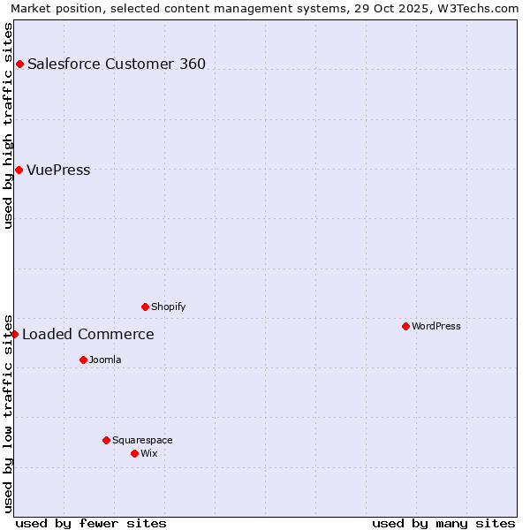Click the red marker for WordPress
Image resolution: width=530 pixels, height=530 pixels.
[x=405, y=326]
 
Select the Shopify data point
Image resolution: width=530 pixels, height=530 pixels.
[x=145, y=307]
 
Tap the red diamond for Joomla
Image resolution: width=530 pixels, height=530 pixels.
[x=83, y=360]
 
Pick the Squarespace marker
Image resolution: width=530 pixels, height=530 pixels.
[x=106, y=440]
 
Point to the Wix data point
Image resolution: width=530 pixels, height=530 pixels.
[x=134, y=453]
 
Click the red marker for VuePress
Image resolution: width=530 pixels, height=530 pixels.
[x=19, y=170]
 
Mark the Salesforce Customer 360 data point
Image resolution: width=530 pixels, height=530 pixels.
[x=19, y=64]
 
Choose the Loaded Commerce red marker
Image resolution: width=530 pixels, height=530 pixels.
[x=14, y=334]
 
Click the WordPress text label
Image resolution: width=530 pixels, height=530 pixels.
[x=436, y=326]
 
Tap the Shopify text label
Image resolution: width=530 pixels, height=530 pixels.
[x=169, y=307]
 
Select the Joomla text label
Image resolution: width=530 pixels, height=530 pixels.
[x=105, y=360]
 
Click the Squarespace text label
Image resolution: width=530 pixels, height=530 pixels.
[x=142, y=440]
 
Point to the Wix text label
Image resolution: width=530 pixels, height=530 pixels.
[x=149, y=453]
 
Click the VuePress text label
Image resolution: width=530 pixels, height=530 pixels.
[x=58, y=170]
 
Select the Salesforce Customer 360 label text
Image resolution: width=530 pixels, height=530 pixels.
[x=117, y=64]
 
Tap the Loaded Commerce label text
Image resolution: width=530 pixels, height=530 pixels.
[x=88, y=334]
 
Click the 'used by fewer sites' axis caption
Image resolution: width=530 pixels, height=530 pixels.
[x=91, y=523]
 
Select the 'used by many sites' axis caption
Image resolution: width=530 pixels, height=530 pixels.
[x=443, y=523]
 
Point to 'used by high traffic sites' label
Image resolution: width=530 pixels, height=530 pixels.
[x=9, y=125]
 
